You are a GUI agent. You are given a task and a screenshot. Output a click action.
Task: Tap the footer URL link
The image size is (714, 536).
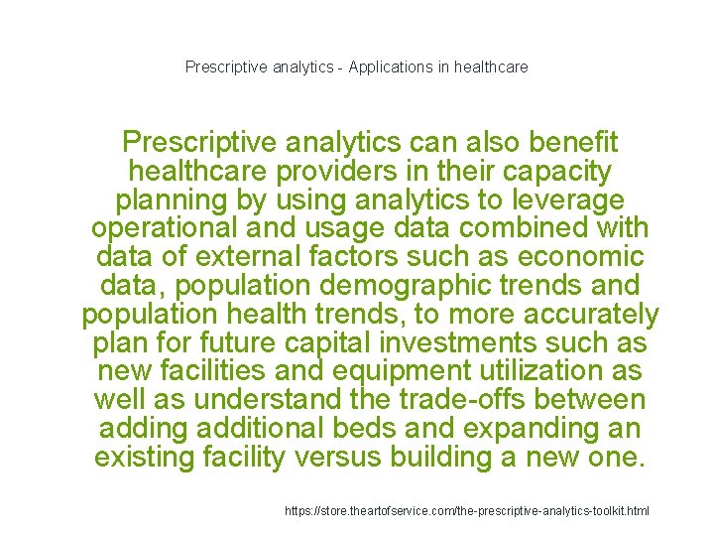point(467,510)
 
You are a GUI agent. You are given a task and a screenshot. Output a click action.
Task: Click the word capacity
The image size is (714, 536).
point(555,171)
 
